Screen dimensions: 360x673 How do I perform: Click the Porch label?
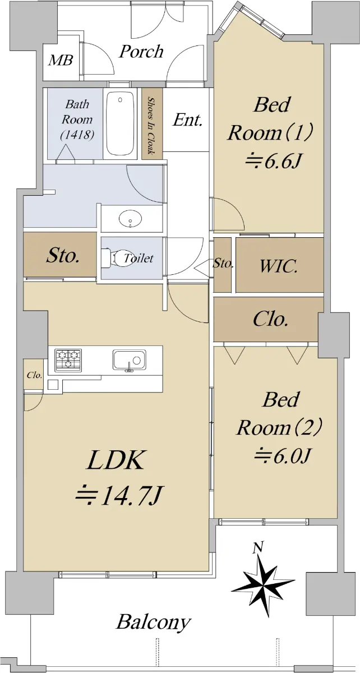pyautogui.click(x=141, y=52)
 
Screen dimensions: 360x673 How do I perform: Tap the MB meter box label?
pyautogui.click(x=61, y=61)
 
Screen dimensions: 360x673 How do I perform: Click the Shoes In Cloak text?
pyautogui.click(x=151, y=126)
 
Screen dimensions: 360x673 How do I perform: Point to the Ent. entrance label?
pyautogui.click(x=187, y=120)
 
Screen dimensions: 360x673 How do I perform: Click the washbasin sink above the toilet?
pyautogui.click(x=130, y=218)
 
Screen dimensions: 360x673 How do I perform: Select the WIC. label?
pyautogui.click(x=279, y=266)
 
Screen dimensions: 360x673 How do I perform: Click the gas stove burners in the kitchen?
pyautogui.click(x=68, y=359)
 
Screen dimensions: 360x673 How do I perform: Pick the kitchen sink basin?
pyautogui.click(x=129, y=359)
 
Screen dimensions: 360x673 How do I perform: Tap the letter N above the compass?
pyautogui.click(x=257, y=547)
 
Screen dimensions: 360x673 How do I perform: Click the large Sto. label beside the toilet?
pyautogui.click(x=63, y=257)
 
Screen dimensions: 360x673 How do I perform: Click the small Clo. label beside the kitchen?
pyautogui.click(x=35, y=375)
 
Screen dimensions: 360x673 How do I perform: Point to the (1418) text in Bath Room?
pyautogui.click(x=77, y=135)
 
